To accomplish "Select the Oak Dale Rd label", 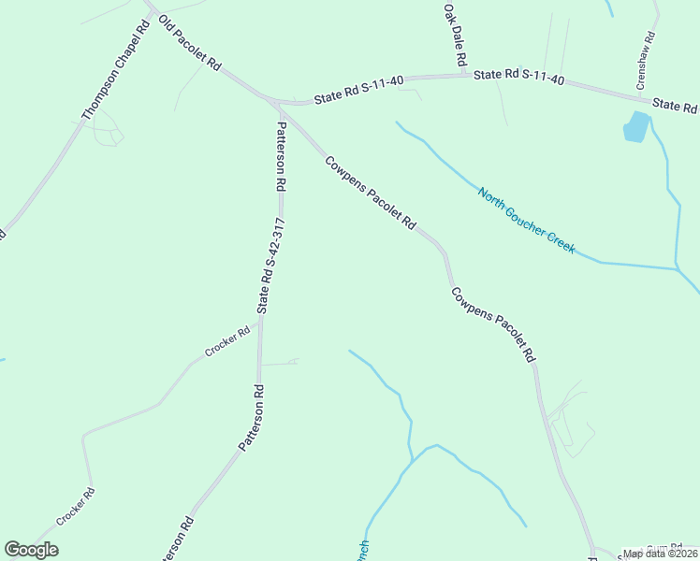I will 455,34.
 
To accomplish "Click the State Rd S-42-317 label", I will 271,266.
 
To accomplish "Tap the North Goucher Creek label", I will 526,221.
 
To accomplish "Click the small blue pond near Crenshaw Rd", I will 635,126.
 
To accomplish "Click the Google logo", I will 31,550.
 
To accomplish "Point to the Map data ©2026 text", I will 660,554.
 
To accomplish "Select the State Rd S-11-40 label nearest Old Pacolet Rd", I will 358,89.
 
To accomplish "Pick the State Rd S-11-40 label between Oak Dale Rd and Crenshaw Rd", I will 518,77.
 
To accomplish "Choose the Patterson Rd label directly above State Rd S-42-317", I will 280,156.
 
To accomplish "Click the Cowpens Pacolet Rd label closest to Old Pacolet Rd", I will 370,192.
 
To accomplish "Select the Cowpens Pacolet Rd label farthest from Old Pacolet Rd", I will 492,324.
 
